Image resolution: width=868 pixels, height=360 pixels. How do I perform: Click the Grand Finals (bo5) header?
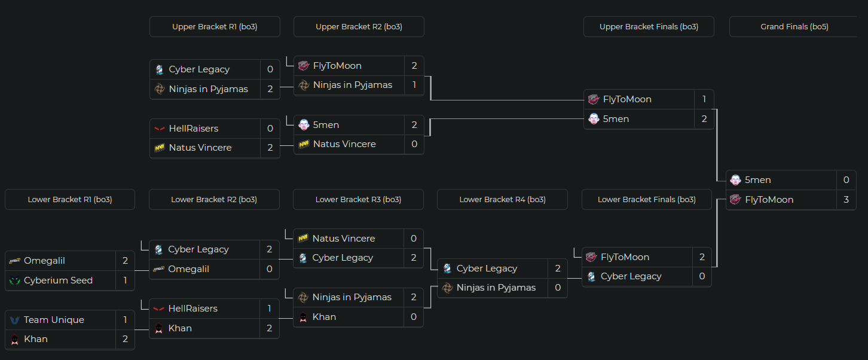(x=794, y=27)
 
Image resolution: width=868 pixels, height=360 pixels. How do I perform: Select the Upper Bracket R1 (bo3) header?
(x=215, y=27)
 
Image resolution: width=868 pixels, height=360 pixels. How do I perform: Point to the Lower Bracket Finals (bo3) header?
(x=646, y=200)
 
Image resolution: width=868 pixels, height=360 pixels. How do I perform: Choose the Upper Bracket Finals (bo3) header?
(x=649, y=27)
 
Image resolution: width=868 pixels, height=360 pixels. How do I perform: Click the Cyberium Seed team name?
(x=58, y=280)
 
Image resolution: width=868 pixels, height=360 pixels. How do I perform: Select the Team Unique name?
(x=54, y=320)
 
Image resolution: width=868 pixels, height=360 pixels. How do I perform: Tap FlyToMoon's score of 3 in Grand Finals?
(x=846, y=200)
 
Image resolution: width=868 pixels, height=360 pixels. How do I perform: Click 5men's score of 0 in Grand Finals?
(x=846, y=180)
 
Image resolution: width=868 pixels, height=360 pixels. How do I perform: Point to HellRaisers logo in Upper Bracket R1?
(x=160, y=129)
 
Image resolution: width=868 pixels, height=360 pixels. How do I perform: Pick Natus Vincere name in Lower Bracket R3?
(x=344, y=239)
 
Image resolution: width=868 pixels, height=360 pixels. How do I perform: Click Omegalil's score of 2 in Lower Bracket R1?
(x=125, y=261)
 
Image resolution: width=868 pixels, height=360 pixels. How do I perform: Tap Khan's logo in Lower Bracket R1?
(x=15, y=339)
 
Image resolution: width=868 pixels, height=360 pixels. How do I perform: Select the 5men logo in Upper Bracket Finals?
(x=593, y=119)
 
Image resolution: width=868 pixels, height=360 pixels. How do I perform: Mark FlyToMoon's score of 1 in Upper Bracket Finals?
(x=704, y=99)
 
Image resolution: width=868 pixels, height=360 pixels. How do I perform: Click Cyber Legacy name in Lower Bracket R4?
(x=487, y=269)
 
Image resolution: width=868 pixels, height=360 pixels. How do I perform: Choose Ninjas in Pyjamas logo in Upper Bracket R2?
(x=304, y=85)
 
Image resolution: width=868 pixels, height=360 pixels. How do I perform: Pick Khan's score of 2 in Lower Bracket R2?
(x=270, y=328)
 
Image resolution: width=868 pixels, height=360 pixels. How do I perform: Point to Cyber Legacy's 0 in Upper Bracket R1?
(x=270, y=69)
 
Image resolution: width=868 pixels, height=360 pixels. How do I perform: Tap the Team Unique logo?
(x=15, y=320)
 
